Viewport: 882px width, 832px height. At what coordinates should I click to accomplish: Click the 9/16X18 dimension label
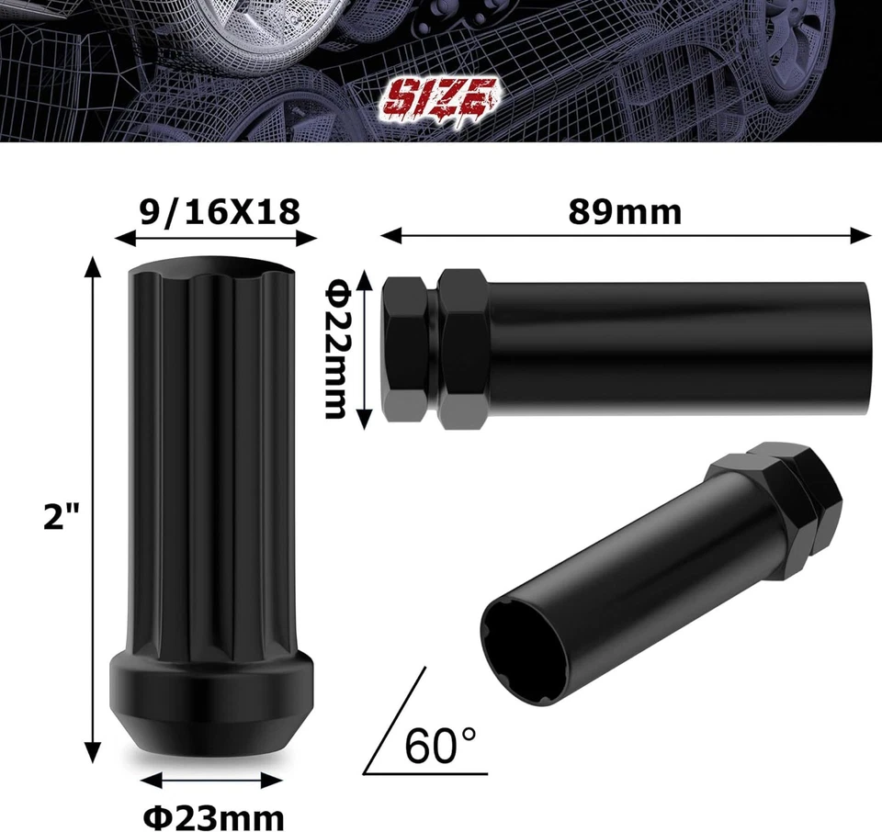click(x=219, y=212)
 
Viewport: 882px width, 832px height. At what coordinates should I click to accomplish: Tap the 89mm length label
click(x=625, y=212)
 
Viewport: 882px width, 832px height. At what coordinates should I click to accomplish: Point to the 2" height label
click(x=62, y=517)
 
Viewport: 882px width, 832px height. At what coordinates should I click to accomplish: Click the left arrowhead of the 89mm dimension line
click(x=387, y=236)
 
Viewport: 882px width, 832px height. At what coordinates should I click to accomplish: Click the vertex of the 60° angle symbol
click(x=367, y=772)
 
